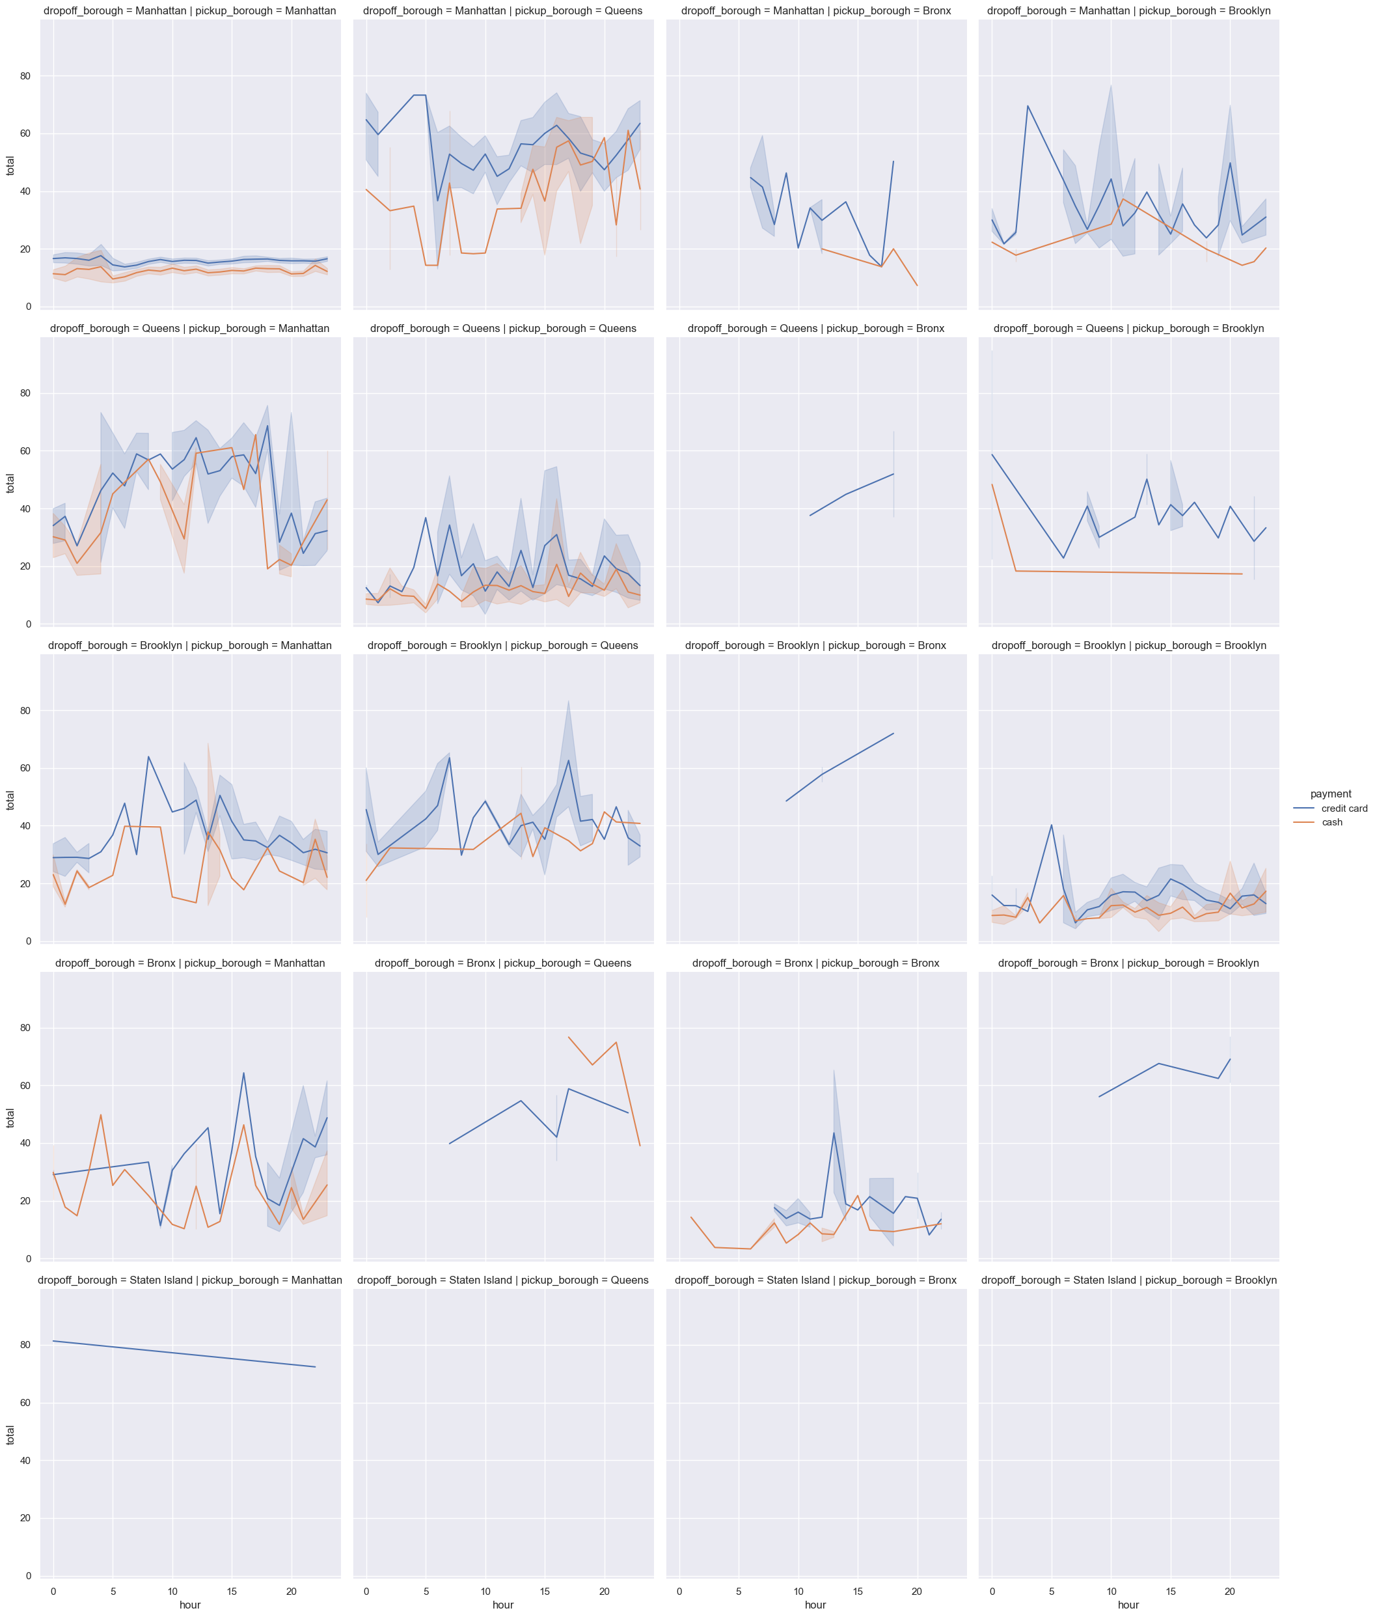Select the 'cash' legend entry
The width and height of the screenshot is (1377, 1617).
click(1331, 823)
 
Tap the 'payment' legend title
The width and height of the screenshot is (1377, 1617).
click(1330, 794)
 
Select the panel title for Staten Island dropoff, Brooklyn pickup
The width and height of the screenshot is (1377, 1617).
click(1128, 1280)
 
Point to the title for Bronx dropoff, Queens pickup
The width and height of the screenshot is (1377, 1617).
click(502, 963)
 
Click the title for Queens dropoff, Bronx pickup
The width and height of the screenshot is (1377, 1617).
click(815, 329)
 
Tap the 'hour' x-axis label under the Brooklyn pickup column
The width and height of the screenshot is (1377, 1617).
click(1128, 1605)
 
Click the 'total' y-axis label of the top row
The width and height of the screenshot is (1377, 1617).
click(10, 165)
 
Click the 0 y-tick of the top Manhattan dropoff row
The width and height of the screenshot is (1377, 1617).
click(28, 307)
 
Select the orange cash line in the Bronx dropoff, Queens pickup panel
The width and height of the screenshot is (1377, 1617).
click(592, 1064)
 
